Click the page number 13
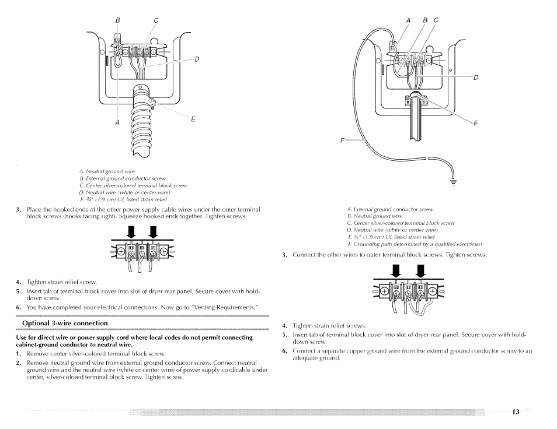(516, 412)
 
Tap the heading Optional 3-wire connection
(65, 323)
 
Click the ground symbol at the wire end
(453, 182)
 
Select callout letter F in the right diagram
(342, 140)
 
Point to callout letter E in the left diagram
(193, 119)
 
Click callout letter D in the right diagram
(476, 78)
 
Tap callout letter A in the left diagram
(117, 122)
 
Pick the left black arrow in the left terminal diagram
(131, 232)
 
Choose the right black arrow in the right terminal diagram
(420, 271)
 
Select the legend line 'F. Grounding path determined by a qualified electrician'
(415, 244)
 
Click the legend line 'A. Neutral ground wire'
(107, 171)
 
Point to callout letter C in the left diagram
(156, 20)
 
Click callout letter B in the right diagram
(425, 20)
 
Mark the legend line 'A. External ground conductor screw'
(390, 209)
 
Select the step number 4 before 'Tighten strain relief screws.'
(284, 325)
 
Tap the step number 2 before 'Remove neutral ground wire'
(18, 363)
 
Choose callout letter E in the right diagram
(476, 123)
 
